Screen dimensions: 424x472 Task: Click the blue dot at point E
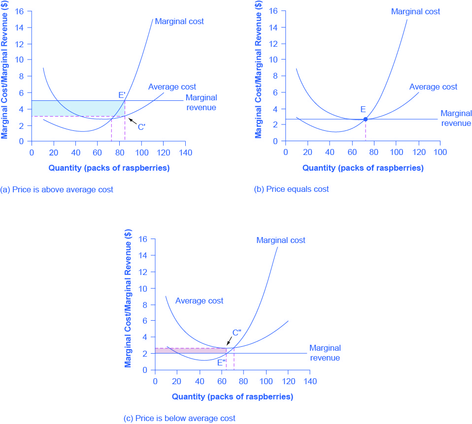(365, 119)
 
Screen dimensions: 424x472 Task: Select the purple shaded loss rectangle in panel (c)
(190, 351)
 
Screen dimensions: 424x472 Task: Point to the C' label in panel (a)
(141, 127)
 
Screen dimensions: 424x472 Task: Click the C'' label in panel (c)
(236, 333)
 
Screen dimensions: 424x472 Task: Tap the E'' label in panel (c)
(222, 363)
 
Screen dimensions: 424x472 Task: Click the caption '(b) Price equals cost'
(291, 189)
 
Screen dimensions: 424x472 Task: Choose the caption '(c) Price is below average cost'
(179, 418)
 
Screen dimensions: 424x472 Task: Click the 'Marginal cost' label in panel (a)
(179, 21)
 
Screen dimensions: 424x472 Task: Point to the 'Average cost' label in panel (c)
(199, 301)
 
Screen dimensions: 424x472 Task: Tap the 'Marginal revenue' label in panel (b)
(456, 118)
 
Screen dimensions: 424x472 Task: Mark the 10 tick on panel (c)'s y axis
(145, 288)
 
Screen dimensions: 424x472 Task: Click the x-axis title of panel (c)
(233, 396)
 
